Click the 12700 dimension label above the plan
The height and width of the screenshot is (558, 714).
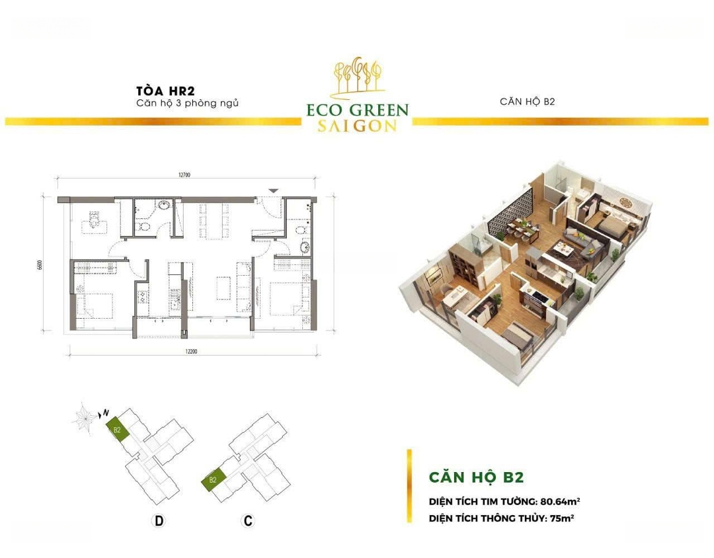tap(184, 175)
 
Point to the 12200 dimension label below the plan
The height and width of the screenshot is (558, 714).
tap(191, 351)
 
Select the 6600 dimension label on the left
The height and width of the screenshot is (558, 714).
tap(40, 265)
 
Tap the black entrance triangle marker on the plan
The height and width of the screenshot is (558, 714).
tap(273, 190)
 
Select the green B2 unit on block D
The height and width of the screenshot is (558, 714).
tap(118, 430)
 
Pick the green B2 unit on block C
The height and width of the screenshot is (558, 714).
tap(213, 479)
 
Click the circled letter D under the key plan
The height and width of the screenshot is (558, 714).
tap(159, 521)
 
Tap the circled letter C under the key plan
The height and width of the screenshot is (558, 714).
tap(248, 521)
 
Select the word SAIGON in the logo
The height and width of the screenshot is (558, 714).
tap(357, 126)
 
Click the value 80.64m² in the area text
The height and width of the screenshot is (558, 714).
tap(560, 502)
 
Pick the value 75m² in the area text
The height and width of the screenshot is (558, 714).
tap(561, 518)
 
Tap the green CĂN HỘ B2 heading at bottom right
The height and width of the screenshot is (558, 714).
tap(476, 477)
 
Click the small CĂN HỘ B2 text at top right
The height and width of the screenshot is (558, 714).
tap(528, 102)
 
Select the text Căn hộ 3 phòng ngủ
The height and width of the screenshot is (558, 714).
tap(188, 103)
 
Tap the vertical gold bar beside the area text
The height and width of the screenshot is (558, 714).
tap(409, 486)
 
